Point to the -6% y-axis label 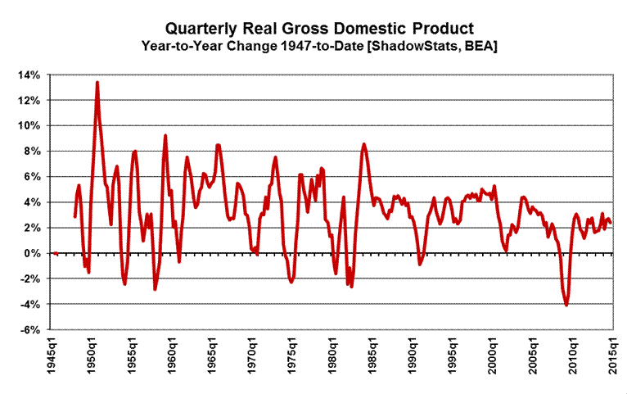point(28,330)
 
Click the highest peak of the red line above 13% point(97,82)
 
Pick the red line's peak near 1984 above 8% point(364,145)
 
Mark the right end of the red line point(610,223)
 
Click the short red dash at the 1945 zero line point(55,253)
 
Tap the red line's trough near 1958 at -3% point(155,289)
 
